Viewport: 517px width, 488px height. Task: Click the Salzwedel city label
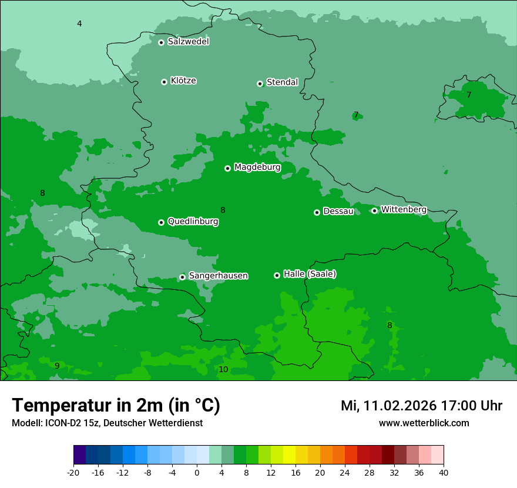pyautogui.click(x=188, y=42)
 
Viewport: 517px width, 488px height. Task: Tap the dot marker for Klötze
pyautogui.click(x=164, y=82)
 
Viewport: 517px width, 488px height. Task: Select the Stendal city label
pyautogui.click(x=282, y=82)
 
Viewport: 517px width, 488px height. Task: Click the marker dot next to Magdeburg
pyautogui.click(x=227, y=168)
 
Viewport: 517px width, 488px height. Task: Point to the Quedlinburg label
pyautogui.click(x=193, y=222)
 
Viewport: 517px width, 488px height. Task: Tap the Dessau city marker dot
pyautogui.click(x=317, y=212)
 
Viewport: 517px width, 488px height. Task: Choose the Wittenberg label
pyautogui.click(x=403, y=209)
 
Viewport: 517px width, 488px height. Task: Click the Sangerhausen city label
pyautogui.click(x=218, y=276)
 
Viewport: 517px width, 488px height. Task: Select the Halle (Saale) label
pyautogui.click(x=310, y=274)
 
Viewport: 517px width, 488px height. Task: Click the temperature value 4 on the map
pyautogui.click(x=79, y=24)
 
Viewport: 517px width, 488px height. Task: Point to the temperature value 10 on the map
pyautogui.click(x=223, y=369)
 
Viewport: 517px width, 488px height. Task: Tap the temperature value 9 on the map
pyautogui.click(x=57, y=366)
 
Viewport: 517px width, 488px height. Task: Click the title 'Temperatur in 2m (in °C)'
pyautogui.click(x=116, y=405)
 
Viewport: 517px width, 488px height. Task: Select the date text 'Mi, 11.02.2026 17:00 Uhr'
pyautogui.click(x=421, y=406)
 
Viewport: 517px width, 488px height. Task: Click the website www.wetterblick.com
pyautogui.click(x=424, y=423)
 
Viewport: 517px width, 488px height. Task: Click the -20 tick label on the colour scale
pyautogui.click(x=73, y=472)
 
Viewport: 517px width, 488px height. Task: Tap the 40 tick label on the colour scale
pyautogui.click(x=443, y=472)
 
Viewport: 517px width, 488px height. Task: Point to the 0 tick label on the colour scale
pyautogui.click(x=197, y=472)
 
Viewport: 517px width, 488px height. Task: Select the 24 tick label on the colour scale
pyautogui.click(x=345, y=472)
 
